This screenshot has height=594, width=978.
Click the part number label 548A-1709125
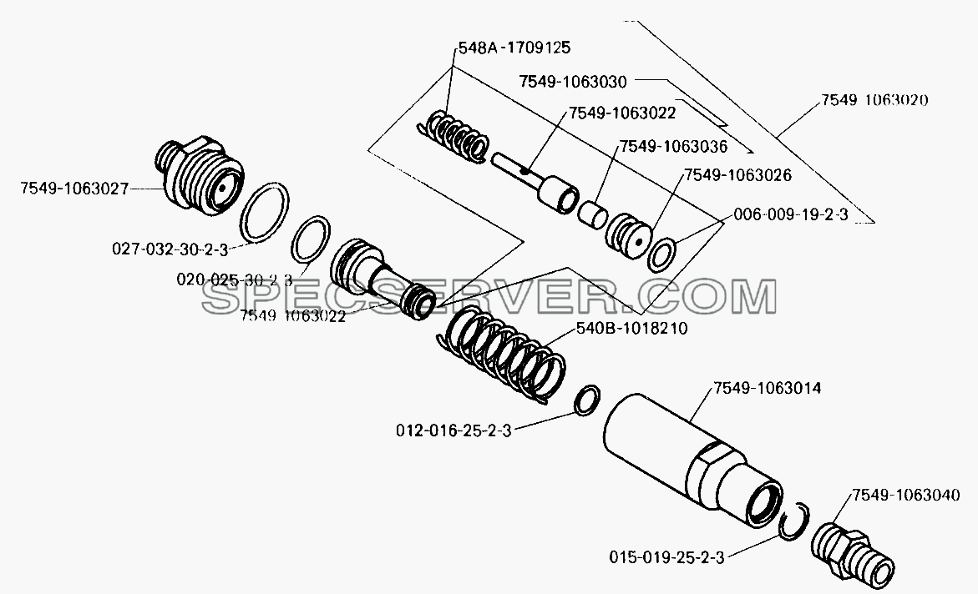click(x=514, y=47)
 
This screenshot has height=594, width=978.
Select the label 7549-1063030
click(x=573, y=81)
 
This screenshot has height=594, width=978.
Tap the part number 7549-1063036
click(x=673, y=147)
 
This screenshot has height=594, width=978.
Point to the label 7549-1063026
click(x=737, y=175)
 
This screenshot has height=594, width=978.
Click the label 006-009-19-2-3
click(x=791, y=214)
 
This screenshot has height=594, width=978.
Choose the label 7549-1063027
click(x=74, y=189)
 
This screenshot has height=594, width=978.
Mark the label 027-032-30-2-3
click(x=170, y=249)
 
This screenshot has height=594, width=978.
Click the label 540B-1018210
click(x=631, y=328)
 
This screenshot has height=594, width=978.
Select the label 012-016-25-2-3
click(x=454, y=430)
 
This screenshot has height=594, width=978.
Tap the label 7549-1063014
click(x=768, y=388)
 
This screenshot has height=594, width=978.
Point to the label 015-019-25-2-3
click(x=666, y=556)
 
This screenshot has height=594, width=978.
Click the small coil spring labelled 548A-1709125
click(x=453, y=136)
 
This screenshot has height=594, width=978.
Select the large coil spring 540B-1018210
click(x=501, y=358)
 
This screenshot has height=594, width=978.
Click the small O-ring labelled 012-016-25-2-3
click(x=587, y=400)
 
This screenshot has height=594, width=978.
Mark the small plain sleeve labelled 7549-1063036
click(x=592, y=214)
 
